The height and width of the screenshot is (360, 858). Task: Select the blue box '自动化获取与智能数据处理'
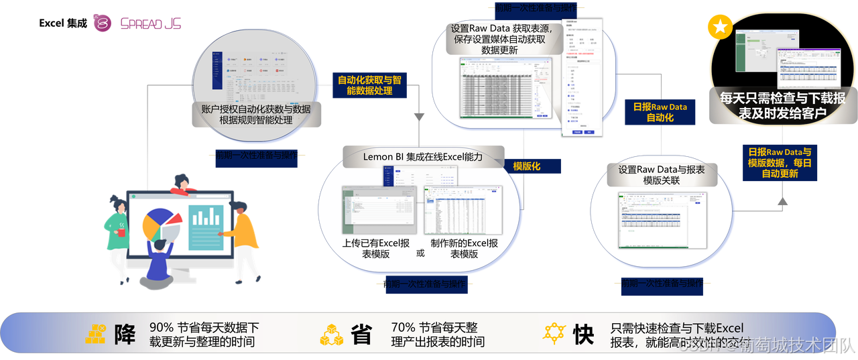[x=369, y=84]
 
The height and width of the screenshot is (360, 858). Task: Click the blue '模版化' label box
[x=527, y=166]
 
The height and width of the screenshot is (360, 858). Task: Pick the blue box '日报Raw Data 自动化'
[x=660, y=112]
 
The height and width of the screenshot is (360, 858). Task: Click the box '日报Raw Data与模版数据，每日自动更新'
[x=780, y=162]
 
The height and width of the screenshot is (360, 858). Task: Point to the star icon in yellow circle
[x=720, y=28]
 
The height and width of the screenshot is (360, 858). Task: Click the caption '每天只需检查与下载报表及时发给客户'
[x=782, y=106]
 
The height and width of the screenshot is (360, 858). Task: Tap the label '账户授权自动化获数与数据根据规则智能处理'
[x=256, y=115]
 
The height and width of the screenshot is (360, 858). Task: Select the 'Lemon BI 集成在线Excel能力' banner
[x=422, y=156]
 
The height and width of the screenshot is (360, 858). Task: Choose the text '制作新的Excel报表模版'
[x=464, y=249]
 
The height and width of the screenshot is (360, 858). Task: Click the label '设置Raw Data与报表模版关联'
[x=661, y=175]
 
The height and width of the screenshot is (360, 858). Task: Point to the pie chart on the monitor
[x=161, y=224]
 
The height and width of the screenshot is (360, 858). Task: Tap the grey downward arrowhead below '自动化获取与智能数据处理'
[x=419, y=117]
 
